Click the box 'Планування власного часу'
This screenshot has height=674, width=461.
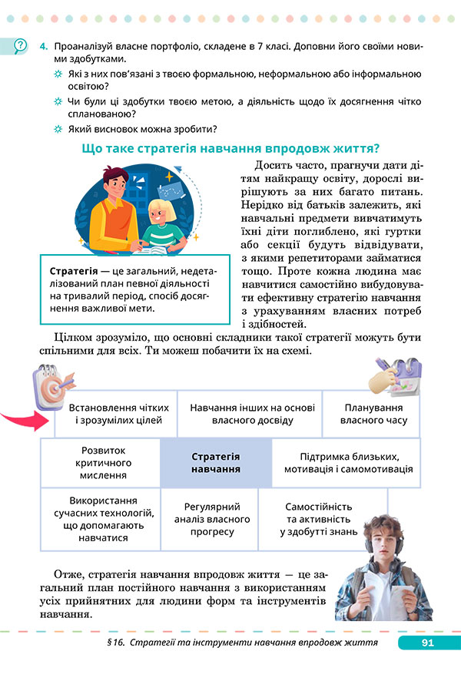click(374, 414)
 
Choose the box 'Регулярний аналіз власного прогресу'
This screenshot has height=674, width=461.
click(212, 520)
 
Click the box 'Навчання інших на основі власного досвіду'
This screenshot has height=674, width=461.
click(252, 414)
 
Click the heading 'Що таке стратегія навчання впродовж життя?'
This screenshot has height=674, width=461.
click(231, 147)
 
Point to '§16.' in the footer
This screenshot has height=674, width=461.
click(114, 642)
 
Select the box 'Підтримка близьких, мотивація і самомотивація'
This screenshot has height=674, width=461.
click(347, 463)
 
